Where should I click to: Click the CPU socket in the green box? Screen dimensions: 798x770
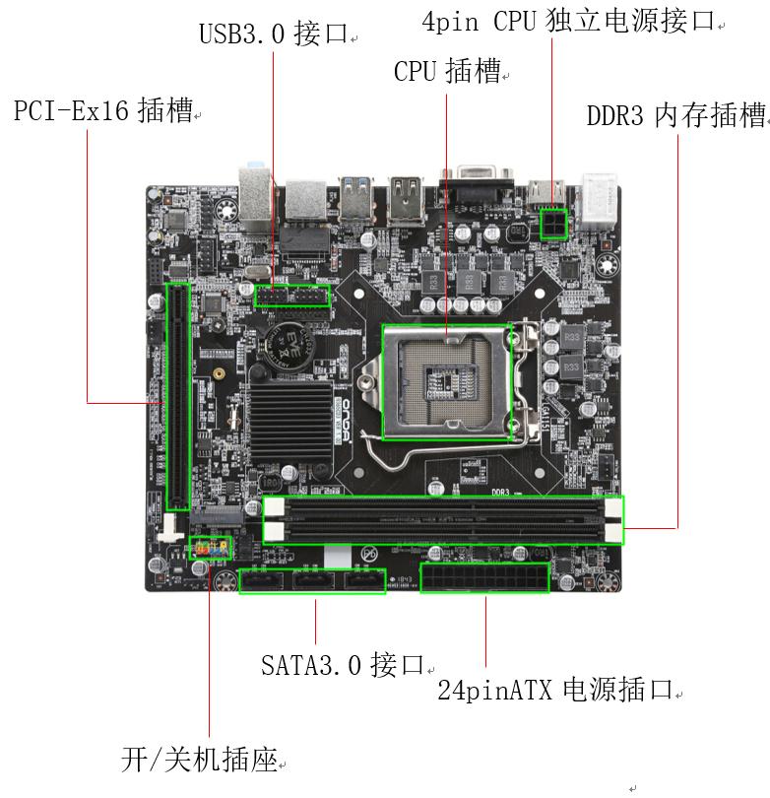(x=447, y=381)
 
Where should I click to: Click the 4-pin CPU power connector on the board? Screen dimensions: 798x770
(x=552, y=224)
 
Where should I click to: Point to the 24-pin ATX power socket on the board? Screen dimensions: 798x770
(x=484, y=578)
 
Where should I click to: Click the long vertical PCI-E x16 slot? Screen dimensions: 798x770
(x=177, y=394)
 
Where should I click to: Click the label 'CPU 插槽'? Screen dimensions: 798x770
(x=447, y=72)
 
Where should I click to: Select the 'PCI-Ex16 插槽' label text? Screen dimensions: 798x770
(x=102, y=111)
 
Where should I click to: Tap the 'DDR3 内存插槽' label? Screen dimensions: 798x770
(x=675, y=116)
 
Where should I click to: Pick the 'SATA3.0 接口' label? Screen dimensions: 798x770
(x=342, y=666)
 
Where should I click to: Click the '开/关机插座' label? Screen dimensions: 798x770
(x=198, y=761)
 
